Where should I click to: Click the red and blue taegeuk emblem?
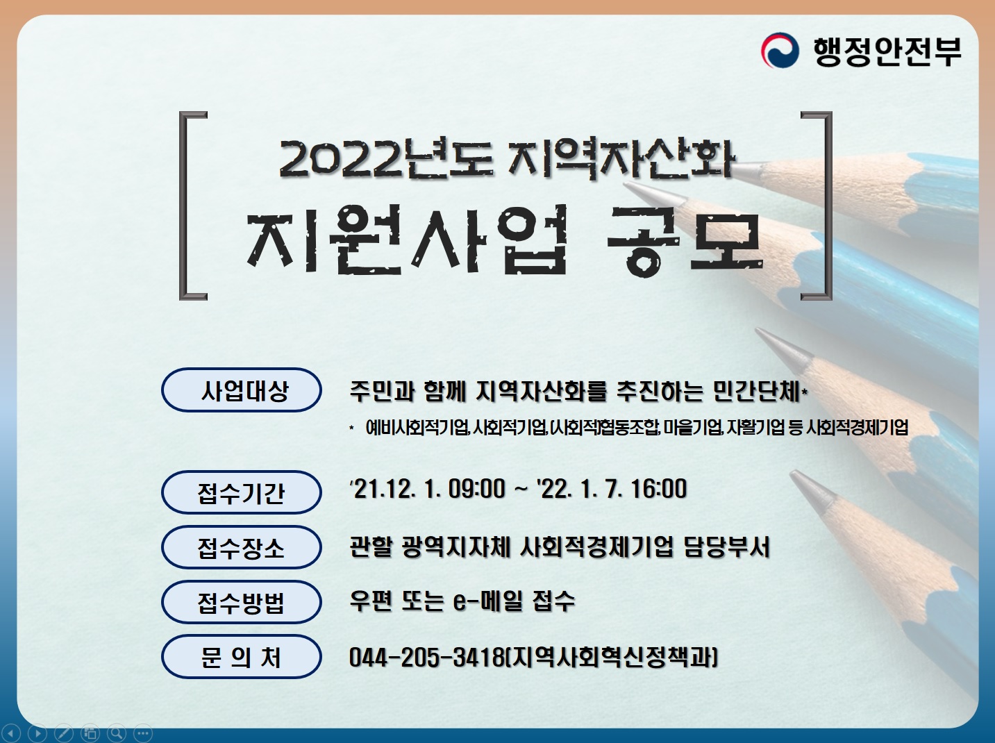tap(780, 51)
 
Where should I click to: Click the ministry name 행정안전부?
tap(887, 51)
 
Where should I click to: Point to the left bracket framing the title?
tap(189, 206)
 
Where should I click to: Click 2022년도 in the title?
tap(385, 159)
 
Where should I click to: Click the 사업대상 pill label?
tap(242, 390)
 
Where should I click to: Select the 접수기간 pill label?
tap(242, 493)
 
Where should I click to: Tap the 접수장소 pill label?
tap(242, 548)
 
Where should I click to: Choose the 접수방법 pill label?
tap(242, 602)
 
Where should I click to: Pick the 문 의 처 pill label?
tap(242, 656)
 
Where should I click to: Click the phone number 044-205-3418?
tap(426, 656)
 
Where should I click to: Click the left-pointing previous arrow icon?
tap(12, 733)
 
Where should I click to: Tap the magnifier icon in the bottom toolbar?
tap(117, 733)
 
